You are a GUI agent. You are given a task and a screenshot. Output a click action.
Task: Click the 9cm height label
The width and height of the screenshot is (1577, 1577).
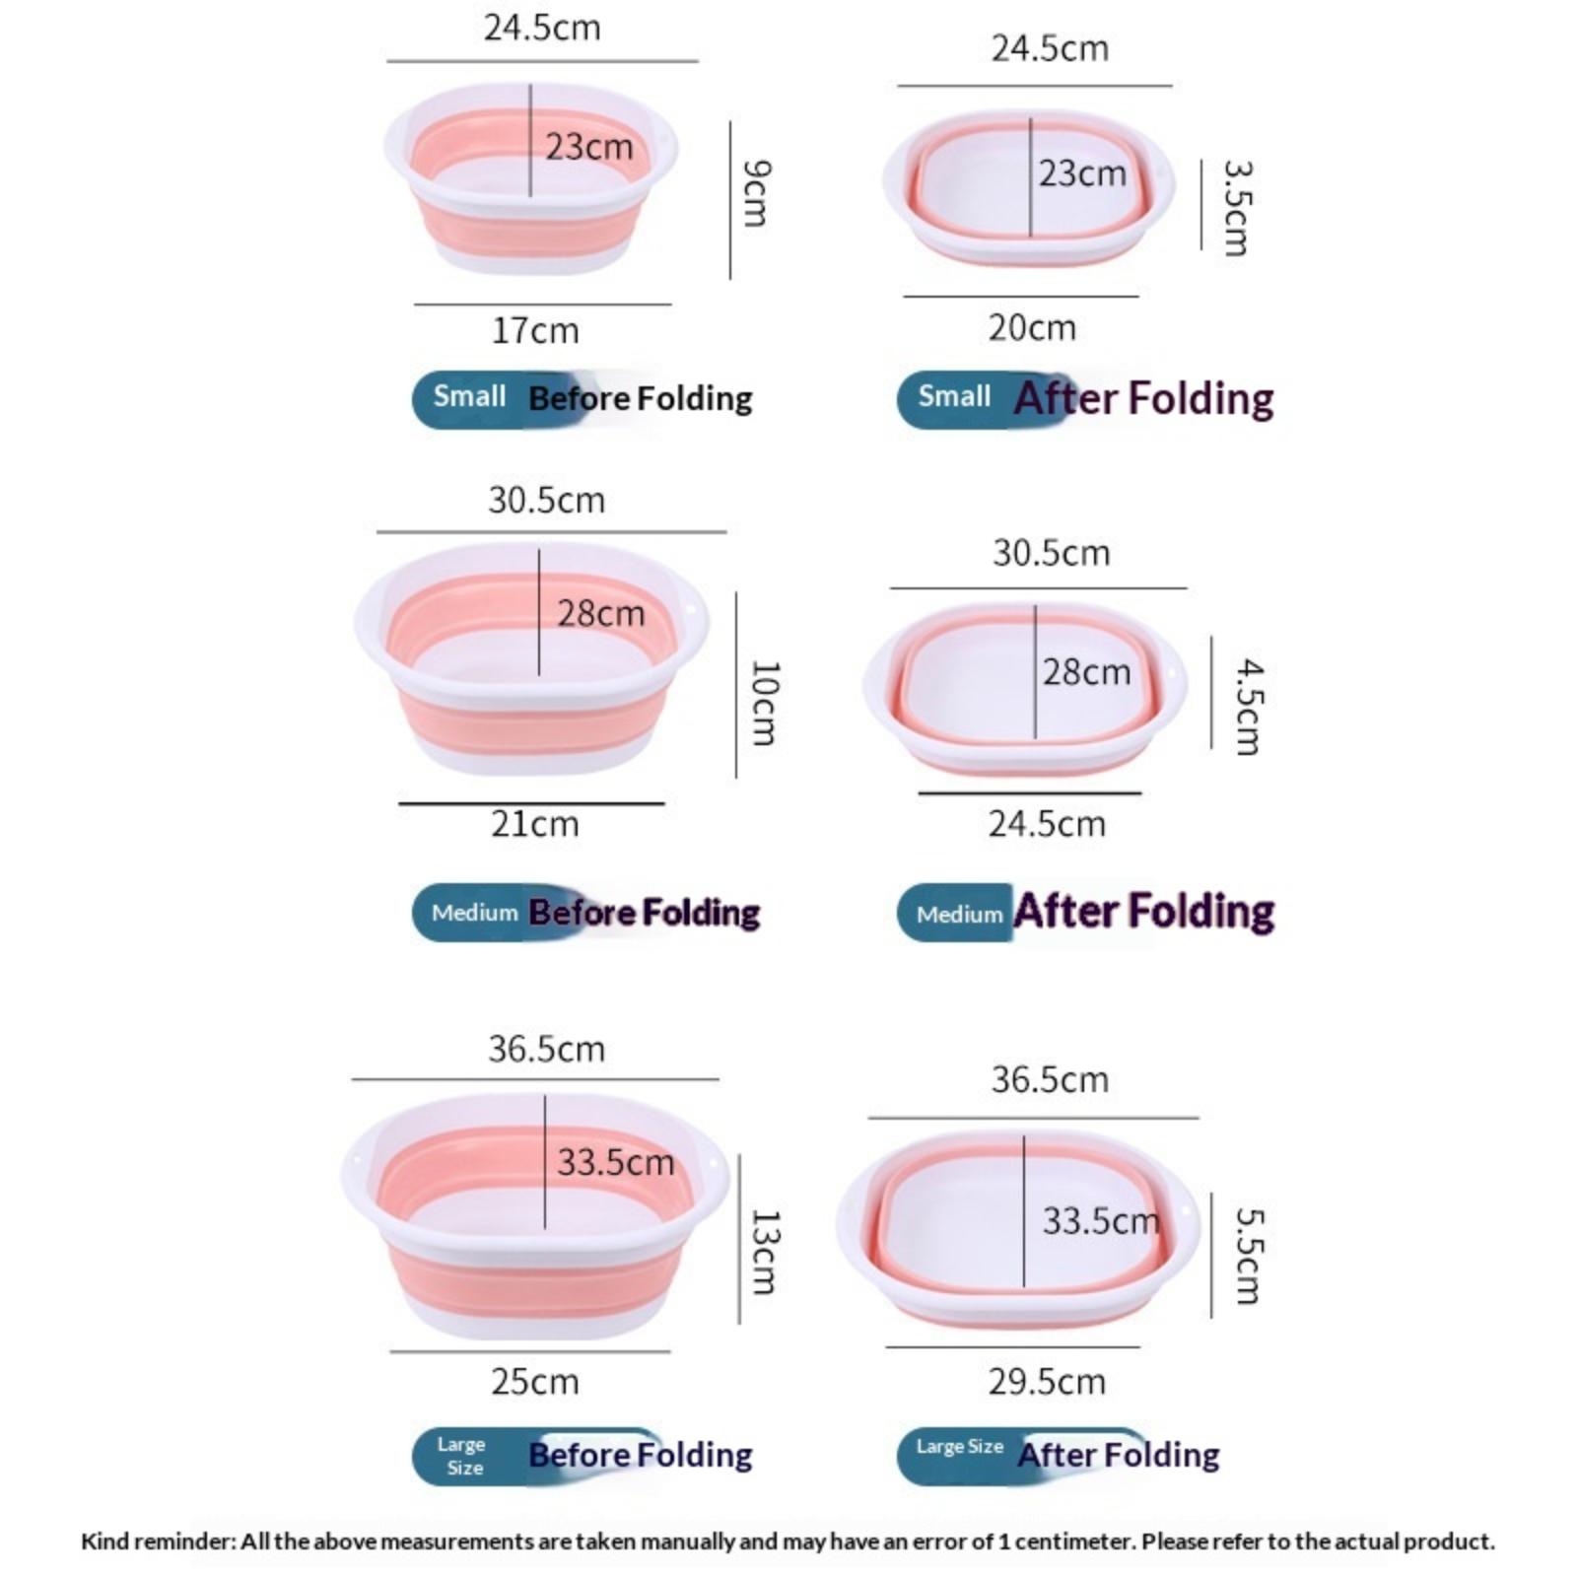[756, 194]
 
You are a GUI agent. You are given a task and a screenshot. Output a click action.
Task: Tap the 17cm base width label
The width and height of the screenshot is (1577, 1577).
[535, 330]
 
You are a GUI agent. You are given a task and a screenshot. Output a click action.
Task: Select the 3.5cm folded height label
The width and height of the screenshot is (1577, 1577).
[1236, 208]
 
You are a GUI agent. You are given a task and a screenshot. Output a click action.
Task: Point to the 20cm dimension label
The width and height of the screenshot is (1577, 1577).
[1032, 327]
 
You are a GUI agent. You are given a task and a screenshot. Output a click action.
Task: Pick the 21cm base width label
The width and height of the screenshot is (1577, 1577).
[535, 824]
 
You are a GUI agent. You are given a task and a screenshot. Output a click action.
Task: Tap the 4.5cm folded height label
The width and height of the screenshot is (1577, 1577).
[1248, 707]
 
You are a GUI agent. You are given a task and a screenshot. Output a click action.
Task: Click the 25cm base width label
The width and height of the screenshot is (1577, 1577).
[535, 1382]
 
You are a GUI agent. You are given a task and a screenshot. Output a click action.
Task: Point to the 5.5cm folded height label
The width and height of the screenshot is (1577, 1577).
[1248, 1256]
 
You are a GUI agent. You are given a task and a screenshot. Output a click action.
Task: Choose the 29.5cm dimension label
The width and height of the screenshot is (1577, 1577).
[1047, 1382]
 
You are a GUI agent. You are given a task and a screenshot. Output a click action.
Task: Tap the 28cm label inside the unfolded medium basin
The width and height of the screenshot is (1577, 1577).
[601, 614]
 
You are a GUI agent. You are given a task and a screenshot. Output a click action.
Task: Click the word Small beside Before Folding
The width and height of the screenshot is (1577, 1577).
[469, 396]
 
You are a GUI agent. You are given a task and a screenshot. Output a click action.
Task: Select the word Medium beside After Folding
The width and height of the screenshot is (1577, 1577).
[959, 915]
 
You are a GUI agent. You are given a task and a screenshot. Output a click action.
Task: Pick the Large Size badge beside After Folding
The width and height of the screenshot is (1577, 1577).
[959, 1447]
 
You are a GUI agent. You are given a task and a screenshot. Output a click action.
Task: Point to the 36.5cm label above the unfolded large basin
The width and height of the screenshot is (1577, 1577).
[546, 1049]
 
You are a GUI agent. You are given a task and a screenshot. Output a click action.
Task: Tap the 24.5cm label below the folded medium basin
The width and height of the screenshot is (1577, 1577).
[1047, 824]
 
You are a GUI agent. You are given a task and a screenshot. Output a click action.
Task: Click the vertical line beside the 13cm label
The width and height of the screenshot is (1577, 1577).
[739, 1239]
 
